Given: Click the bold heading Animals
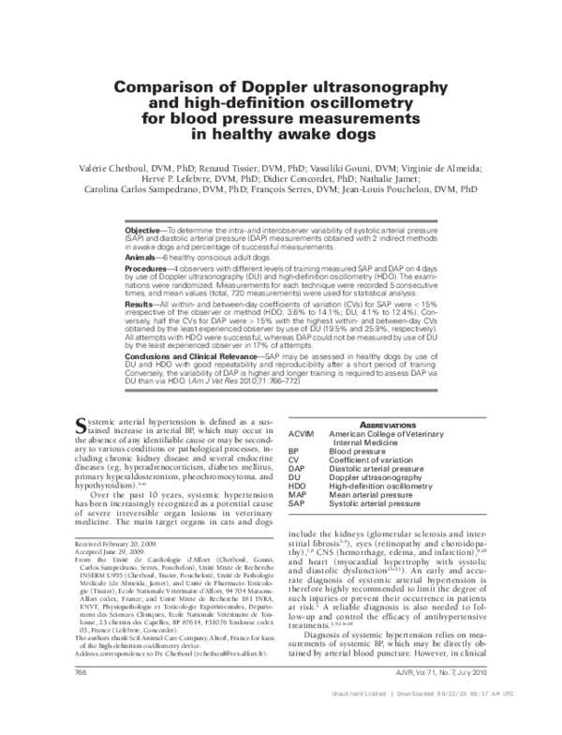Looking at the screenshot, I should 140,256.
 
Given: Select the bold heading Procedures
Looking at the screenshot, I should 147,269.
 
